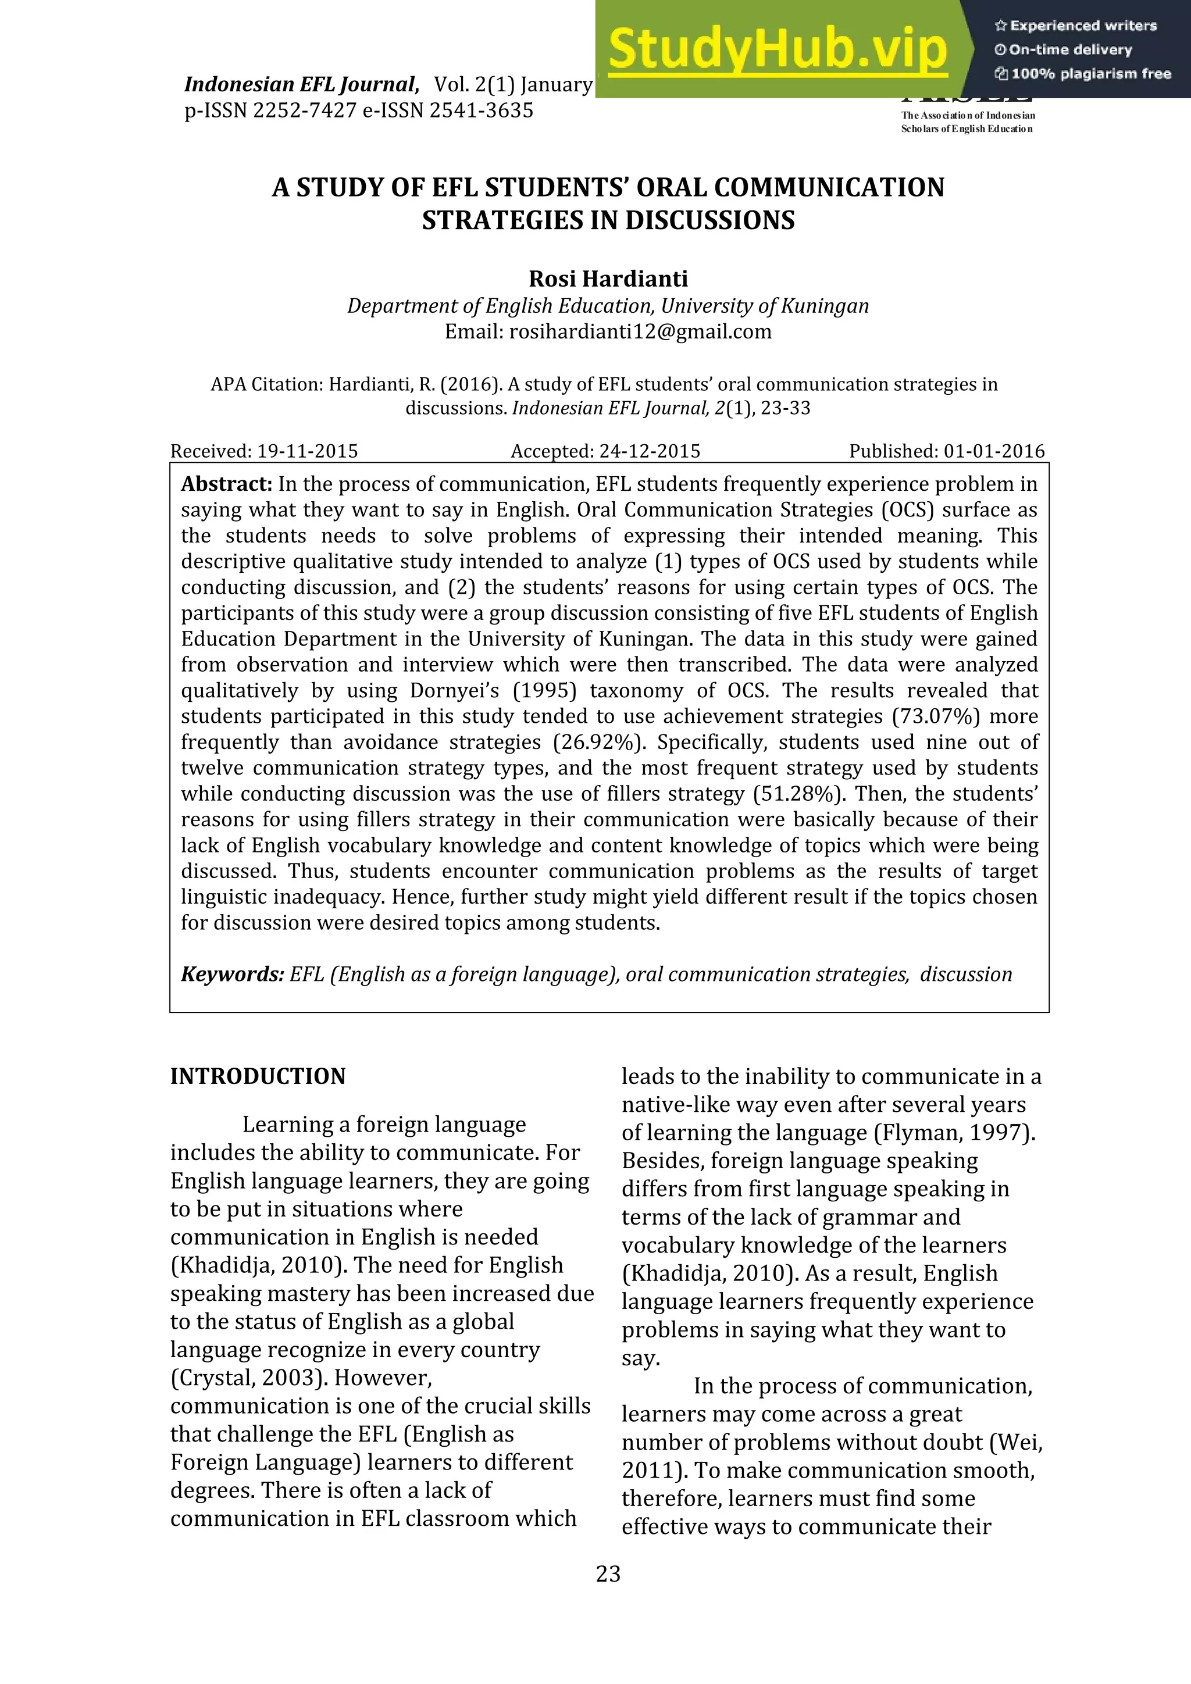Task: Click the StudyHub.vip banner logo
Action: coord(778,50)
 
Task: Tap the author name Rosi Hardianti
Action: coord(608,280)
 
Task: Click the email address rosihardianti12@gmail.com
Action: coord(640,331)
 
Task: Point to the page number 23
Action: coord(608,1574)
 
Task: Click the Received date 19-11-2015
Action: coord(307,451)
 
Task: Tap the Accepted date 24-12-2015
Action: coord(650,451)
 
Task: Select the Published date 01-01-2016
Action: coord(994,451)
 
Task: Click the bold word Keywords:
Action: coord(233,974)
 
